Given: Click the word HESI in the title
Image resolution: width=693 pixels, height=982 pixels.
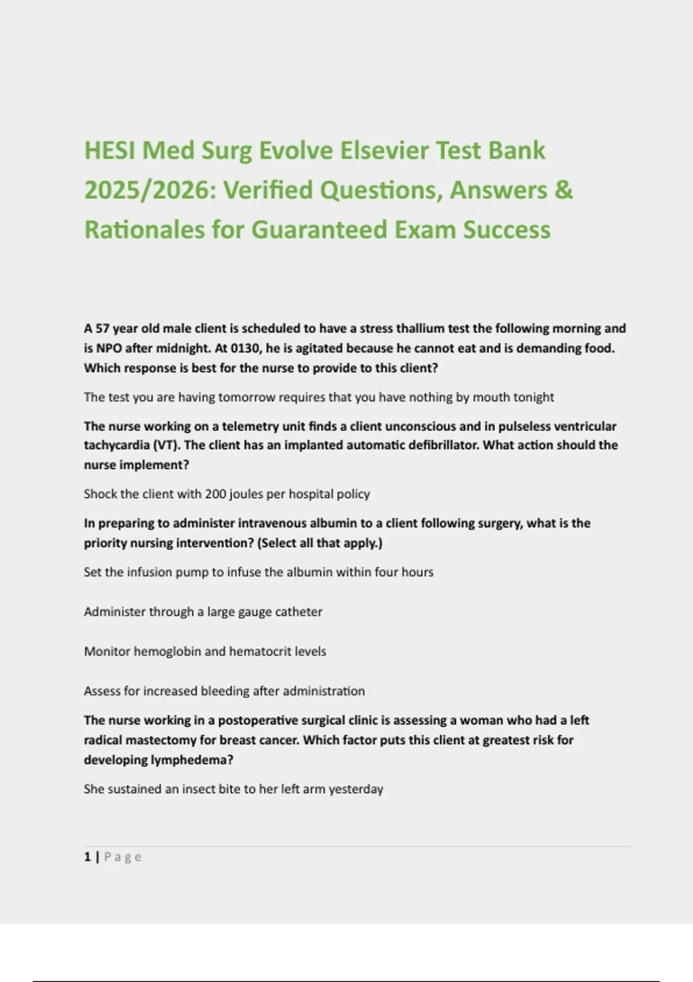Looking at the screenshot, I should coord(110,151).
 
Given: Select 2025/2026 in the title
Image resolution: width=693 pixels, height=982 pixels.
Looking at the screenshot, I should coord(147,190).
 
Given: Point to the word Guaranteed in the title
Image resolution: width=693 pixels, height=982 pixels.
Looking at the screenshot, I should coord(319,229).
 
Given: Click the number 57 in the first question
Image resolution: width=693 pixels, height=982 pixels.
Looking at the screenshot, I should coord(102,329).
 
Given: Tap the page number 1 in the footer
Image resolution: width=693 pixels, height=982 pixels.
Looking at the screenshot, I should coord(87,857).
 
